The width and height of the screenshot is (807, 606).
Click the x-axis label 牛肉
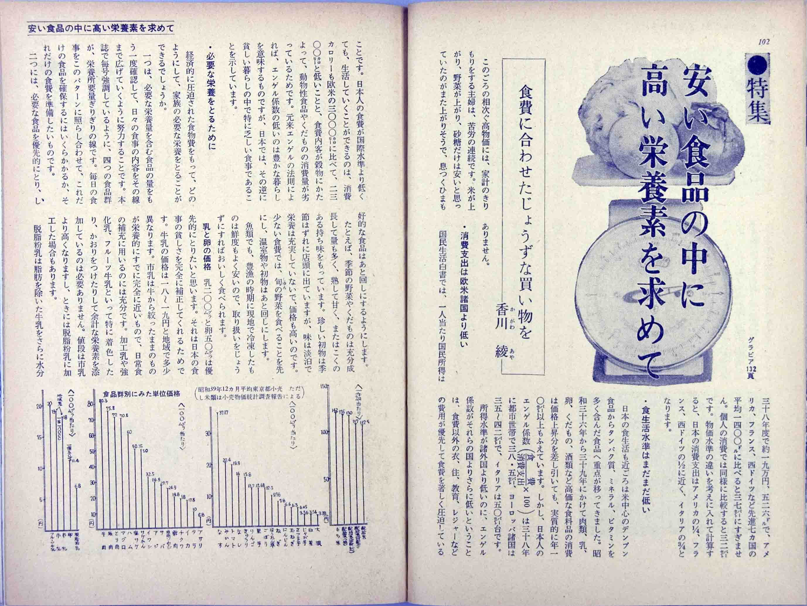(104, 563)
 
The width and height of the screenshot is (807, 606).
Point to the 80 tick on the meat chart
(91, 404)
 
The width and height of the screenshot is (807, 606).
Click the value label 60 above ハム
(130, 432)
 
